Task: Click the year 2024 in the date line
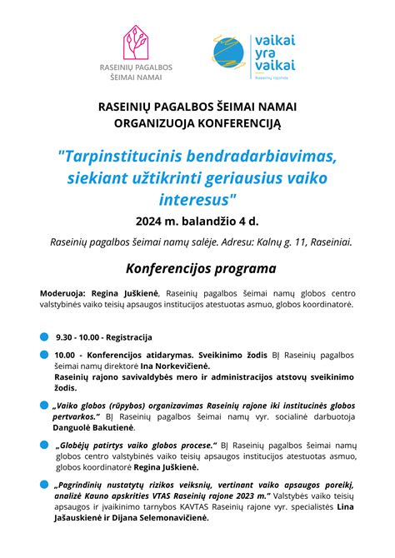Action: (151, 222)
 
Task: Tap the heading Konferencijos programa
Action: (201, 269)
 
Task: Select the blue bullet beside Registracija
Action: (44, 337)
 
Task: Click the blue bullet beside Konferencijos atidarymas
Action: (44, 356)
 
